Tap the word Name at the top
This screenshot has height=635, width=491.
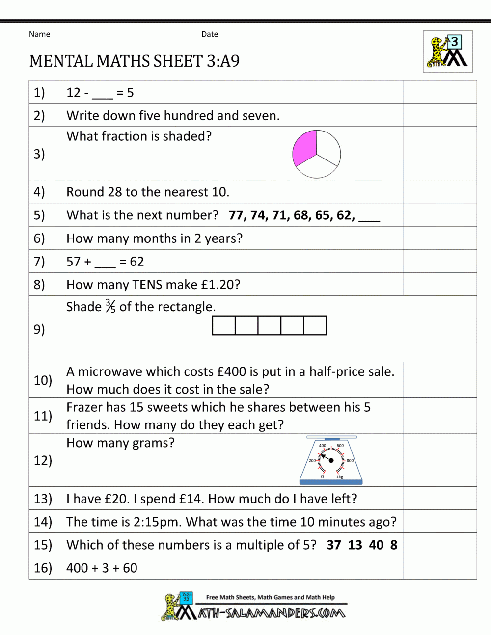[39, 34]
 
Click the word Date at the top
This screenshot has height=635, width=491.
[210, 34]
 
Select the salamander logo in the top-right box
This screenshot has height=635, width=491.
[448, 52]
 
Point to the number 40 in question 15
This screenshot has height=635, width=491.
[376, 545]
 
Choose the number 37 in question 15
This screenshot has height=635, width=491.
[334, 545]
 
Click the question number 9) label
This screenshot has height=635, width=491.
[39, 329]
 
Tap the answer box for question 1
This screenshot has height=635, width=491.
[439, 92]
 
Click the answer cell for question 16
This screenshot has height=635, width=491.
[439, 568]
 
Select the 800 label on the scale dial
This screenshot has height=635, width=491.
[350, 461]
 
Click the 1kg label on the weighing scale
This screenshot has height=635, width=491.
[340, 477]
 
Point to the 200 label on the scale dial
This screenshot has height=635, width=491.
[312, 461]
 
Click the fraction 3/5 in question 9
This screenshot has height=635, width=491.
[110, 307]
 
